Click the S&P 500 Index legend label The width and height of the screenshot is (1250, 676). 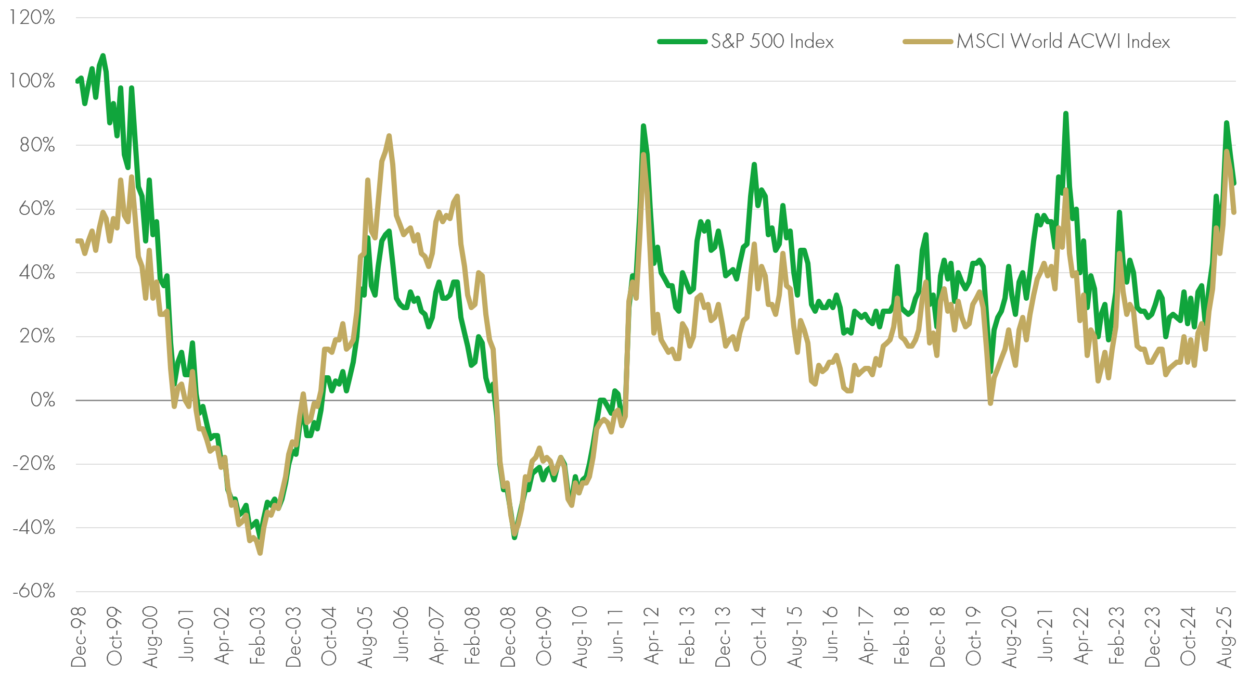coord(772,42)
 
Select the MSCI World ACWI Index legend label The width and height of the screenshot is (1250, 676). coord(1063,42)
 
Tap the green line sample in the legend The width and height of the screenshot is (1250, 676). coord(682,42)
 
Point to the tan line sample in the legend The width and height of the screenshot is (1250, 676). coord(927,42)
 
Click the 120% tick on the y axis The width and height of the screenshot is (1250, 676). coord(32,18)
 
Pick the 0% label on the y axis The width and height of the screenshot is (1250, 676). coord(42,400)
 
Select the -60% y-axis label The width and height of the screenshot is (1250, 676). coord(34,591)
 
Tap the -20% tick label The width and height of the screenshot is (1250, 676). coord(34,463)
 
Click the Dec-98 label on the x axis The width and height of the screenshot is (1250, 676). coord(79,636)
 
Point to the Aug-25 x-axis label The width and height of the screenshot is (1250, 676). coord(1225,636)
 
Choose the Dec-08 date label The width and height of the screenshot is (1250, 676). coord(508,636)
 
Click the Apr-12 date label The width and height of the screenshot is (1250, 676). coord(651,636)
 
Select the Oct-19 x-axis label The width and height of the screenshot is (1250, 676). coord(973,636)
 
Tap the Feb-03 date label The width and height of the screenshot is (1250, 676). coord(257,636)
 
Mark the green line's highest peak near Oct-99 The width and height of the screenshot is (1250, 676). coord(102,55)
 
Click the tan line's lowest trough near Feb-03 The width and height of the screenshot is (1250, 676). coord(260,553)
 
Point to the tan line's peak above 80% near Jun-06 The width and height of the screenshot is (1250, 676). coord(389,136)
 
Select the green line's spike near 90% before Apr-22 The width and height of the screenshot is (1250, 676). coord(1065,113)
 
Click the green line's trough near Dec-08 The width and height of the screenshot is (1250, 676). coord(514,538)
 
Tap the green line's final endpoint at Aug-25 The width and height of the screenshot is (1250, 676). coord(1234,183)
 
